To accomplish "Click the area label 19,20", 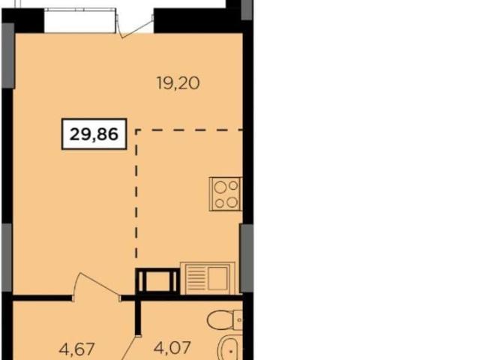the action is pos(178,83).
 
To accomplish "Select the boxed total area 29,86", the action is pos(94,134).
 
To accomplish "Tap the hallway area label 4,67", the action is pos(77,349).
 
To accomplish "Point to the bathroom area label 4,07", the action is pos(172,347).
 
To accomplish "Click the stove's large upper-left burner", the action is pos(220,187).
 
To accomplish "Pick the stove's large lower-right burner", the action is pos(232,202).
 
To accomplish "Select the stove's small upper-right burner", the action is pos(233,185).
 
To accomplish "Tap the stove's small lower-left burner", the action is pos(219,203).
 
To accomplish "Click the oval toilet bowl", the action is pos(218,320).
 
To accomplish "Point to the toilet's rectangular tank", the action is pos(238,320).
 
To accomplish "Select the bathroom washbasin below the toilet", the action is pos(229,348).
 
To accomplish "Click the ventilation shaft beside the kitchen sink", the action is pos(157,280).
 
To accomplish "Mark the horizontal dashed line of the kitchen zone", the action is pos(189,130).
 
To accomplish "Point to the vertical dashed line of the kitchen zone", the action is pos(136,198).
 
